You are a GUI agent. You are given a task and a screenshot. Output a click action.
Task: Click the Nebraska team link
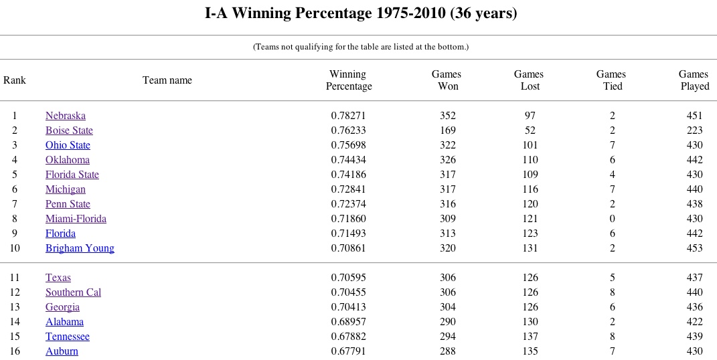coord(66,116)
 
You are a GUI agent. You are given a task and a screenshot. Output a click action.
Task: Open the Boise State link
coord(69,130)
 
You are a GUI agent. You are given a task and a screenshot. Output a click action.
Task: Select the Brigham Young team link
coord(80,248)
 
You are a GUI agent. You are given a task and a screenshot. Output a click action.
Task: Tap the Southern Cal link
coord(73,292)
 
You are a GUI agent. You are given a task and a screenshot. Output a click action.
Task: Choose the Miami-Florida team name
coord(76,219)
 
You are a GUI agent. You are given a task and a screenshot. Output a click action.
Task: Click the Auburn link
coord(62,351)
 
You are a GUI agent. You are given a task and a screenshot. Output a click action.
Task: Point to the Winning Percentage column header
coord(348,80)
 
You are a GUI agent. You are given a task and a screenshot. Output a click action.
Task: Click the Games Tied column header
coord(611,80)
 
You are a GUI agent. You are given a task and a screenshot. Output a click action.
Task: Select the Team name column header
coord(167,80)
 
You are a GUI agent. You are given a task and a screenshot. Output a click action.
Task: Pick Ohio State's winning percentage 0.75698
coord(348,145)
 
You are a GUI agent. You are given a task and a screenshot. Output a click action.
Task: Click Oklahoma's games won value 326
coord(448,160)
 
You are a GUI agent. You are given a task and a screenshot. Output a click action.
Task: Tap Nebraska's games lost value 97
coord(530,116)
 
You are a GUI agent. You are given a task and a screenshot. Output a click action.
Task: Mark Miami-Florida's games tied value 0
coord(613,219)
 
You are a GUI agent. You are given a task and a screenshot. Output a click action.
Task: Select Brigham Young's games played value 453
coord(695,248)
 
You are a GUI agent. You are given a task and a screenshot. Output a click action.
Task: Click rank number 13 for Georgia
coord(15,307)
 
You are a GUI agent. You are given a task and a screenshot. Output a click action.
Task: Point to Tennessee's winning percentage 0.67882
coord(348,337)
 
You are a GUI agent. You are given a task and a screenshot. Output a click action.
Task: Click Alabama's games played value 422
coord(695,322)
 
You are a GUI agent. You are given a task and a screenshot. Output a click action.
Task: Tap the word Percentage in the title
coord(333,13)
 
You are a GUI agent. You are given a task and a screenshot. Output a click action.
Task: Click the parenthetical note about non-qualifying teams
coord(361,47)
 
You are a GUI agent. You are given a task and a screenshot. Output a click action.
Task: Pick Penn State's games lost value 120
coord(530,204)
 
